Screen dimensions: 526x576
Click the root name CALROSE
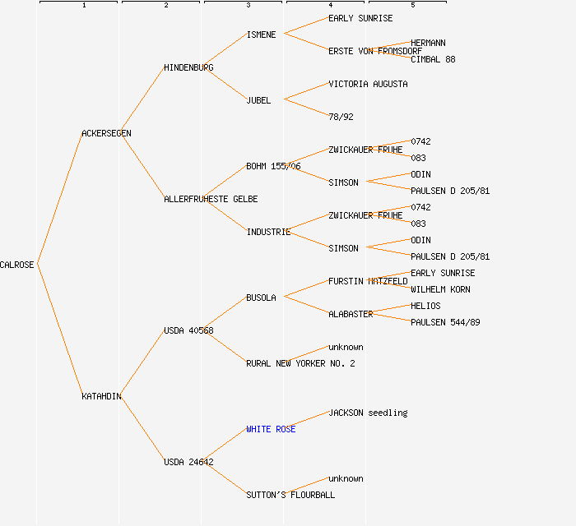17,265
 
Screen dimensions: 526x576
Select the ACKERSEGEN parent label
106,133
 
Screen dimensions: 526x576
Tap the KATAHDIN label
101,396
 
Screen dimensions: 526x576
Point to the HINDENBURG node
188,67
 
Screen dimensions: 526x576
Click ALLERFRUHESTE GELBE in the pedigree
211,199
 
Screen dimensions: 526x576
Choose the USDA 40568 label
188,330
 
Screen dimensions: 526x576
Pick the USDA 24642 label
188,462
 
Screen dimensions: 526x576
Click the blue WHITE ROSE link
271,429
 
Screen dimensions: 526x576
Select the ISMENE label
261,35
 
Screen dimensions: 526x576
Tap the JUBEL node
258,100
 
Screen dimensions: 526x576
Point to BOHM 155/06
273,166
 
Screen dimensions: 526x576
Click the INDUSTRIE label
268,232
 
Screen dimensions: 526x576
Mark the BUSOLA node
261,298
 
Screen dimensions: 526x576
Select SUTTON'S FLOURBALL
290,495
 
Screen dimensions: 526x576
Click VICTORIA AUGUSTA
368,84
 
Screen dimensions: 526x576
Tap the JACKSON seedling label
368,413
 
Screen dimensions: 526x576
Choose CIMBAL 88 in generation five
433,59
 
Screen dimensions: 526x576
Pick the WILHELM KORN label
440,289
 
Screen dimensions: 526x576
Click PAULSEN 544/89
445,322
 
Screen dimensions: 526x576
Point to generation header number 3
248,6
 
